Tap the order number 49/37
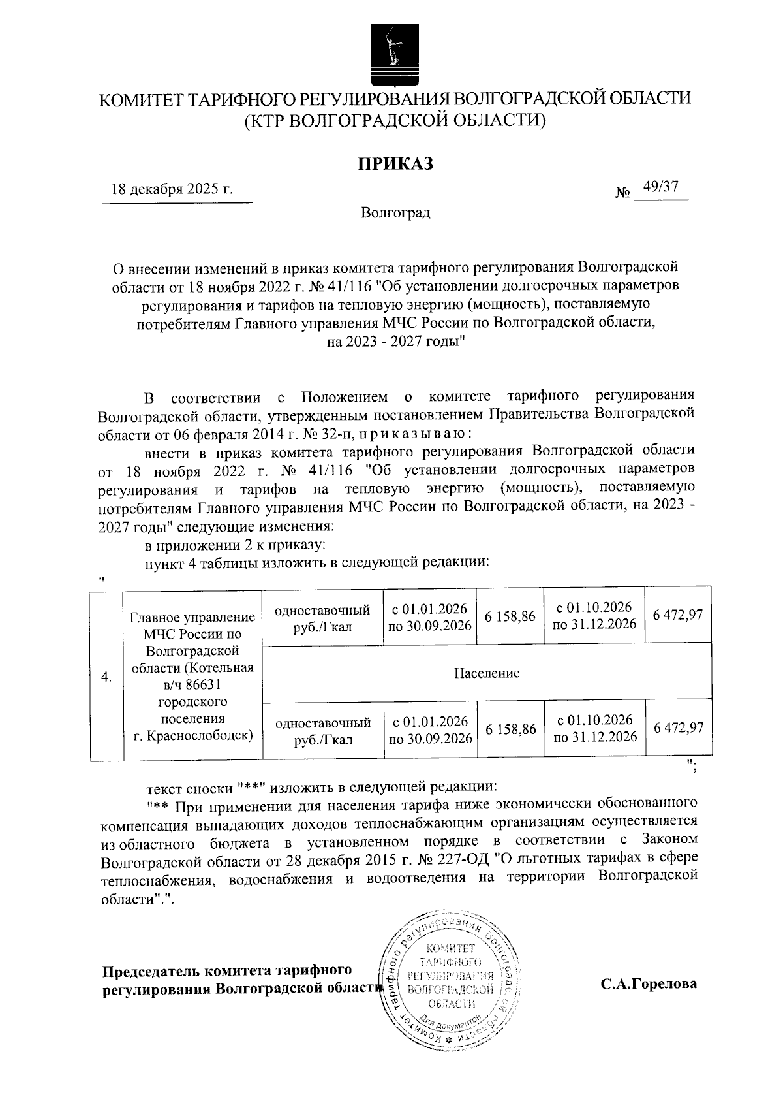[660, 187]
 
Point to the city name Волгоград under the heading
[395, 213]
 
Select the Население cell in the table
[487, 673]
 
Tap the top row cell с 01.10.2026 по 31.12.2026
[594, 616]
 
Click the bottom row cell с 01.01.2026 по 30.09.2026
[430, 729]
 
